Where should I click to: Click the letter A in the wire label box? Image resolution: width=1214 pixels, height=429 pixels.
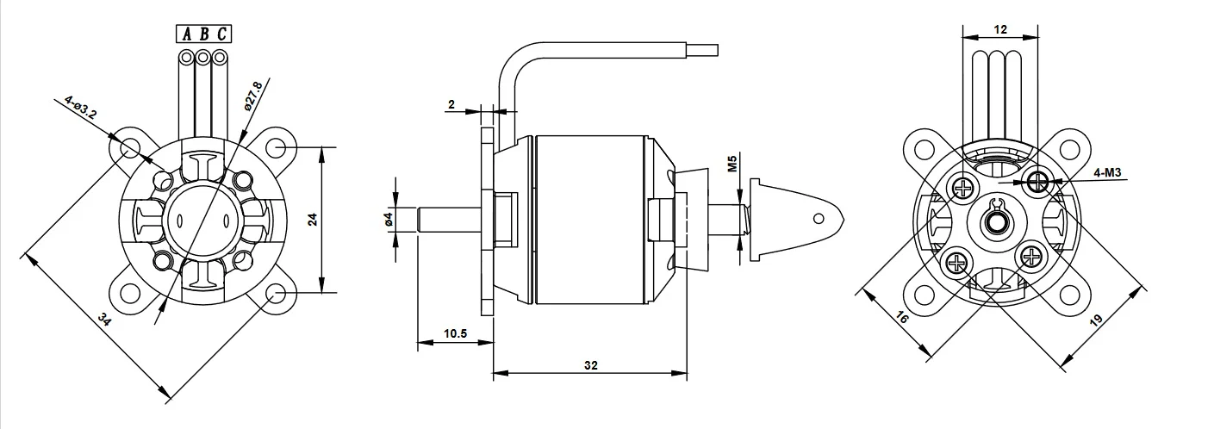tap(187, 34)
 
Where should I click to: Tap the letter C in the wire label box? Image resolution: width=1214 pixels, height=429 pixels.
tap(221, 34)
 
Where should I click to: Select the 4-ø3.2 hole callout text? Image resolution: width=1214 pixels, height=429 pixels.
tap(81, 107)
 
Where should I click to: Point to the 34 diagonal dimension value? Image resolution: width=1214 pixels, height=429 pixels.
tap(104, 320)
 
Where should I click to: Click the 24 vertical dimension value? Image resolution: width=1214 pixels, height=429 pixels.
tap(313, 220)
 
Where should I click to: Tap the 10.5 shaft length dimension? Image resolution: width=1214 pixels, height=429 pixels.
tap(455, 333)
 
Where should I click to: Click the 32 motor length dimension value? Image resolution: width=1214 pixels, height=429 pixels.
tap(591, 365)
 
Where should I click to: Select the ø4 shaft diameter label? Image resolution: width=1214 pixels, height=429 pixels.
tap(388, 220)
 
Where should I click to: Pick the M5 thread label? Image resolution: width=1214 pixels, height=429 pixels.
tap(732, 163)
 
